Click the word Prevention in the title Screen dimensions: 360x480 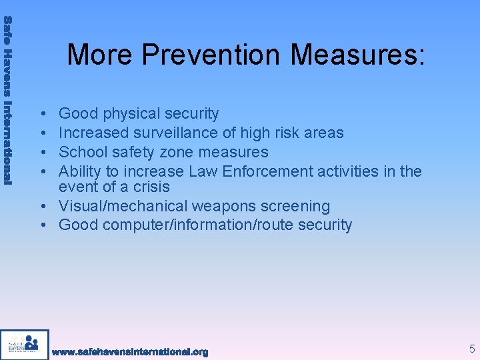pos(213,54)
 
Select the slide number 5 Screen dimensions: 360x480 pos(472,348)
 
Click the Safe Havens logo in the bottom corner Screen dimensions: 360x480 pos(25,345)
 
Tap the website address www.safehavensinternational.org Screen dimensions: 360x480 pos(130,351)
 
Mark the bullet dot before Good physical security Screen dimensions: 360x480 pos(42,115)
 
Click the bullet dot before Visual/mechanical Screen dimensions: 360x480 pos(42,207)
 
